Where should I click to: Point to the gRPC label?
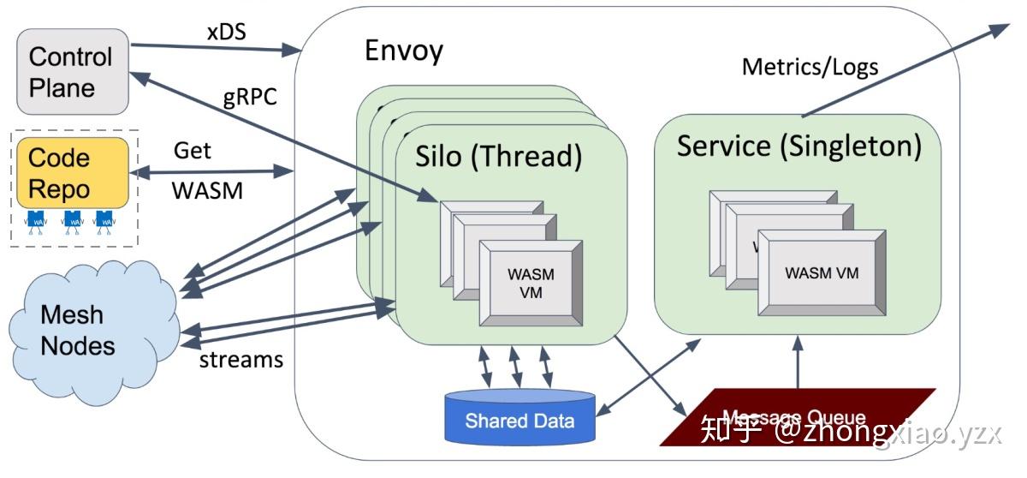coord(250,96)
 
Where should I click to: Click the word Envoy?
coord(403,51)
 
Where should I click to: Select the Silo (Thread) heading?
coord(498,157)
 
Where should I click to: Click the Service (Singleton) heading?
coord(798,146)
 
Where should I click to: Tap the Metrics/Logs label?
coord(809,66)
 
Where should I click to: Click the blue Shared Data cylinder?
coord(519,419)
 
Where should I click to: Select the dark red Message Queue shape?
coord(796,416)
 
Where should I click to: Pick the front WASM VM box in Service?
coord(822,273)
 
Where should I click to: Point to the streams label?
coord(240,359)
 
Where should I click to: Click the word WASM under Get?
coord(208,191)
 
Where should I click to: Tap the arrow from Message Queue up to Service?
coord(798,364)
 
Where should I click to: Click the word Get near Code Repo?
coord(193,150)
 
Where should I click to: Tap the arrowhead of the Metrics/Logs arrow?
coord(1000,28)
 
